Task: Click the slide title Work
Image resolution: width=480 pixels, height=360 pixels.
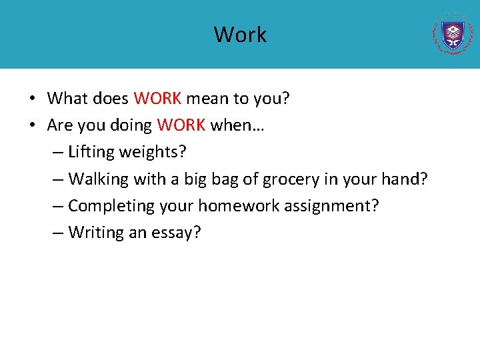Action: (x=240, y=35)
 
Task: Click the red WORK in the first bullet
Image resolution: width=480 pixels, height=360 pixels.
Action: (x=157, y=99)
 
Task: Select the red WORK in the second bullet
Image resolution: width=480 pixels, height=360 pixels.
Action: (x=181, y=125)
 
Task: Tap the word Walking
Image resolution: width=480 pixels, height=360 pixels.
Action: (x=98, y=179)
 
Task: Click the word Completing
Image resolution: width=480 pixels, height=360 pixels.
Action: (x=111, y=205)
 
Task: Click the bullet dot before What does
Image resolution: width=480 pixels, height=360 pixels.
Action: (x=32, y=99)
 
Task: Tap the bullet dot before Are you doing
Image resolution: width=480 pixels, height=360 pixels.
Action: (x=32, y=126)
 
